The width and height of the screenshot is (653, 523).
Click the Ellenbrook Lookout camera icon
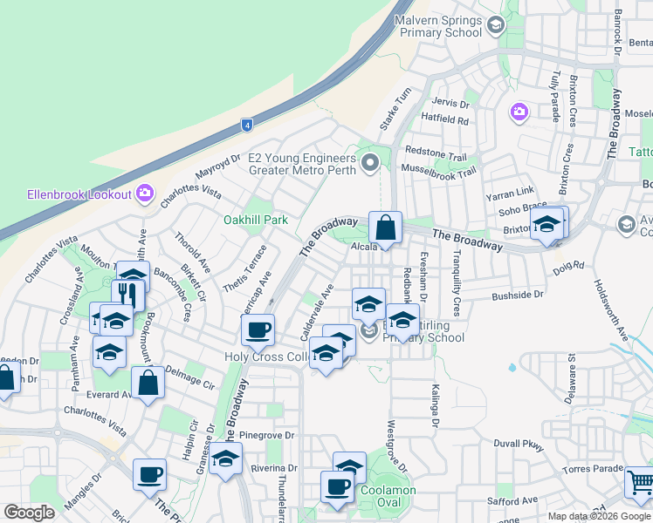tap(145, 193)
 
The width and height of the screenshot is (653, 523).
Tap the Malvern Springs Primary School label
tap(439, 26)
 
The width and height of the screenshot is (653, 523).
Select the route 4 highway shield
tap(248, 126)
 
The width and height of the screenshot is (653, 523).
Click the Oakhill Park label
tap(256, 221)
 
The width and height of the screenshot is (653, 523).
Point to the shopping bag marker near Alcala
tap(385, 229)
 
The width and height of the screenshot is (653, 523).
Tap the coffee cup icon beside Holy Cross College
tap(258, 330)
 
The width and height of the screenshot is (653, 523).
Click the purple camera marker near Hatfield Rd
tap(519, 111)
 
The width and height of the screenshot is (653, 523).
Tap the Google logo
tap(29, 513)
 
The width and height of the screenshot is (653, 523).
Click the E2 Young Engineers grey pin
tap(371, 161)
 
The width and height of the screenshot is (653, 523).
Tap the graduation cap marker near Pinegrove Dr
tap(226, 458)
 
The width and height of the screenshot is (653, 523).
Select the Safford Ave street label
tap(512, 500)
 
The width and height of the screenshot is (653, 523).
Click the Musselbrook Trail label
tap(438, 172)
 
